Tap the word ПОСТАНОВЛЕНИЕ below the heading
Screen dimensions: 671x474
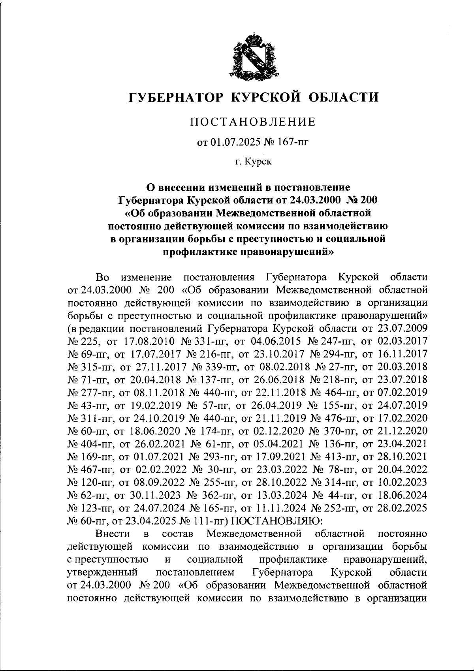[253, 122]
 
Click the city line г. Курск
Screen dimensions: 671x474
[253, 162]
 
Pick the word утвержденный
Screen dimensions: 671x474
[102, 573]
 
